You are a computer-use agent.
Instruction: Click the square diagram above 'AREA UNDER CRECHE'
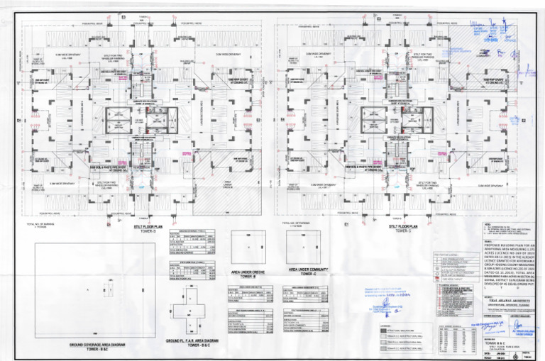point(246,248)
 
